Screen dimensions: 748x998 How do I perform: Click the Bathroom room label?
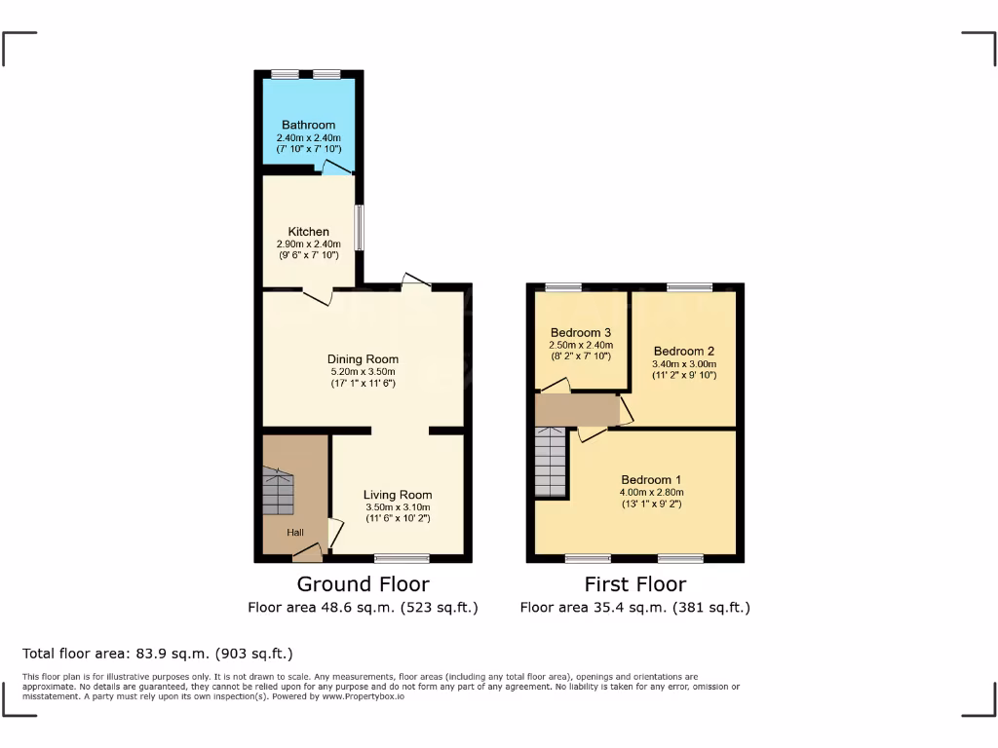[x=308, y=125]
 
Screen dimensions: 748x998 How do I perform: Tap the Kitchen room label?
[x=308, y=232]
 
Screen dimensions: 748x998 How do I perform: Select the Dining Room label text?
[x=363, y=359]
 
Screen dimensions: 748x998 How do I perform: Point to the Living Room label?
[x=398, y=495]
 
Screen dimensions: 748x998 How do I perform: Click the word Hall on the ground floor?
[x=294, y=533]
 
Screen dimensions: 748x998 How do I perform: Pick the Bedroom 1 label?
[x=651, y=480]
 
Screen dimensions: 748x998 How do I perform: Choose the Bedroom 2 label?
[x=684, y=352]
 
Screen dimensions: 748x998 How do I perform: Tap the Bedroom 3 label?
[x=581, y=332]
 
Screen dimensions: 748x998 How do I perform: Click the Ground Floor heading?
[x=363, y=584]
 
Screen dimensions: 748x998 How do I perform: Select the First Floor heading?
[x=634, y=584]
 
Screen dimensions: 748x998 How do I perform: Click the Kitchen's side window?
[x=359, y=227]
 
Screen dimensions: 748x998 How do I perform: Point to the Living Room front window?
[x=402, y=558]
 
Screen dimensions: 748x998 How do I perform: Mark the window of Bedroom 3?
[x=562, y=286]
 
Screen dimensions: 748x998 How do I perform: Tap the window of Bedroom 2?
[x=689, y=286]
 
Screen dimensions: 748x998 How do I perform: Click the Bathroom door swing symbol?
[x=337, y=168]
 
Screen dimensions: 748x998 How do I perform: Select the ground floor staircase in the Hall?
[x=278, y=492]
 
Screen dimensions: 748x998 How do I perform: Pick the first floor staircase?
[x=552, y=463]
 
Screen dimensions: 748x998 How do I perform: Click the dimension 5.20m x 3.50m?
[x=363, y=372]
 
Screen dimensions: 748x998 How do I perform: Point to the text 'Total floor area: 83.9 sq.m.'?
[x=157, y=654]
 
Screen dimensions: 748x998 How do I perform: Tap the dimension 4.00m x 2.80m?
[x=651, y=493]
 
